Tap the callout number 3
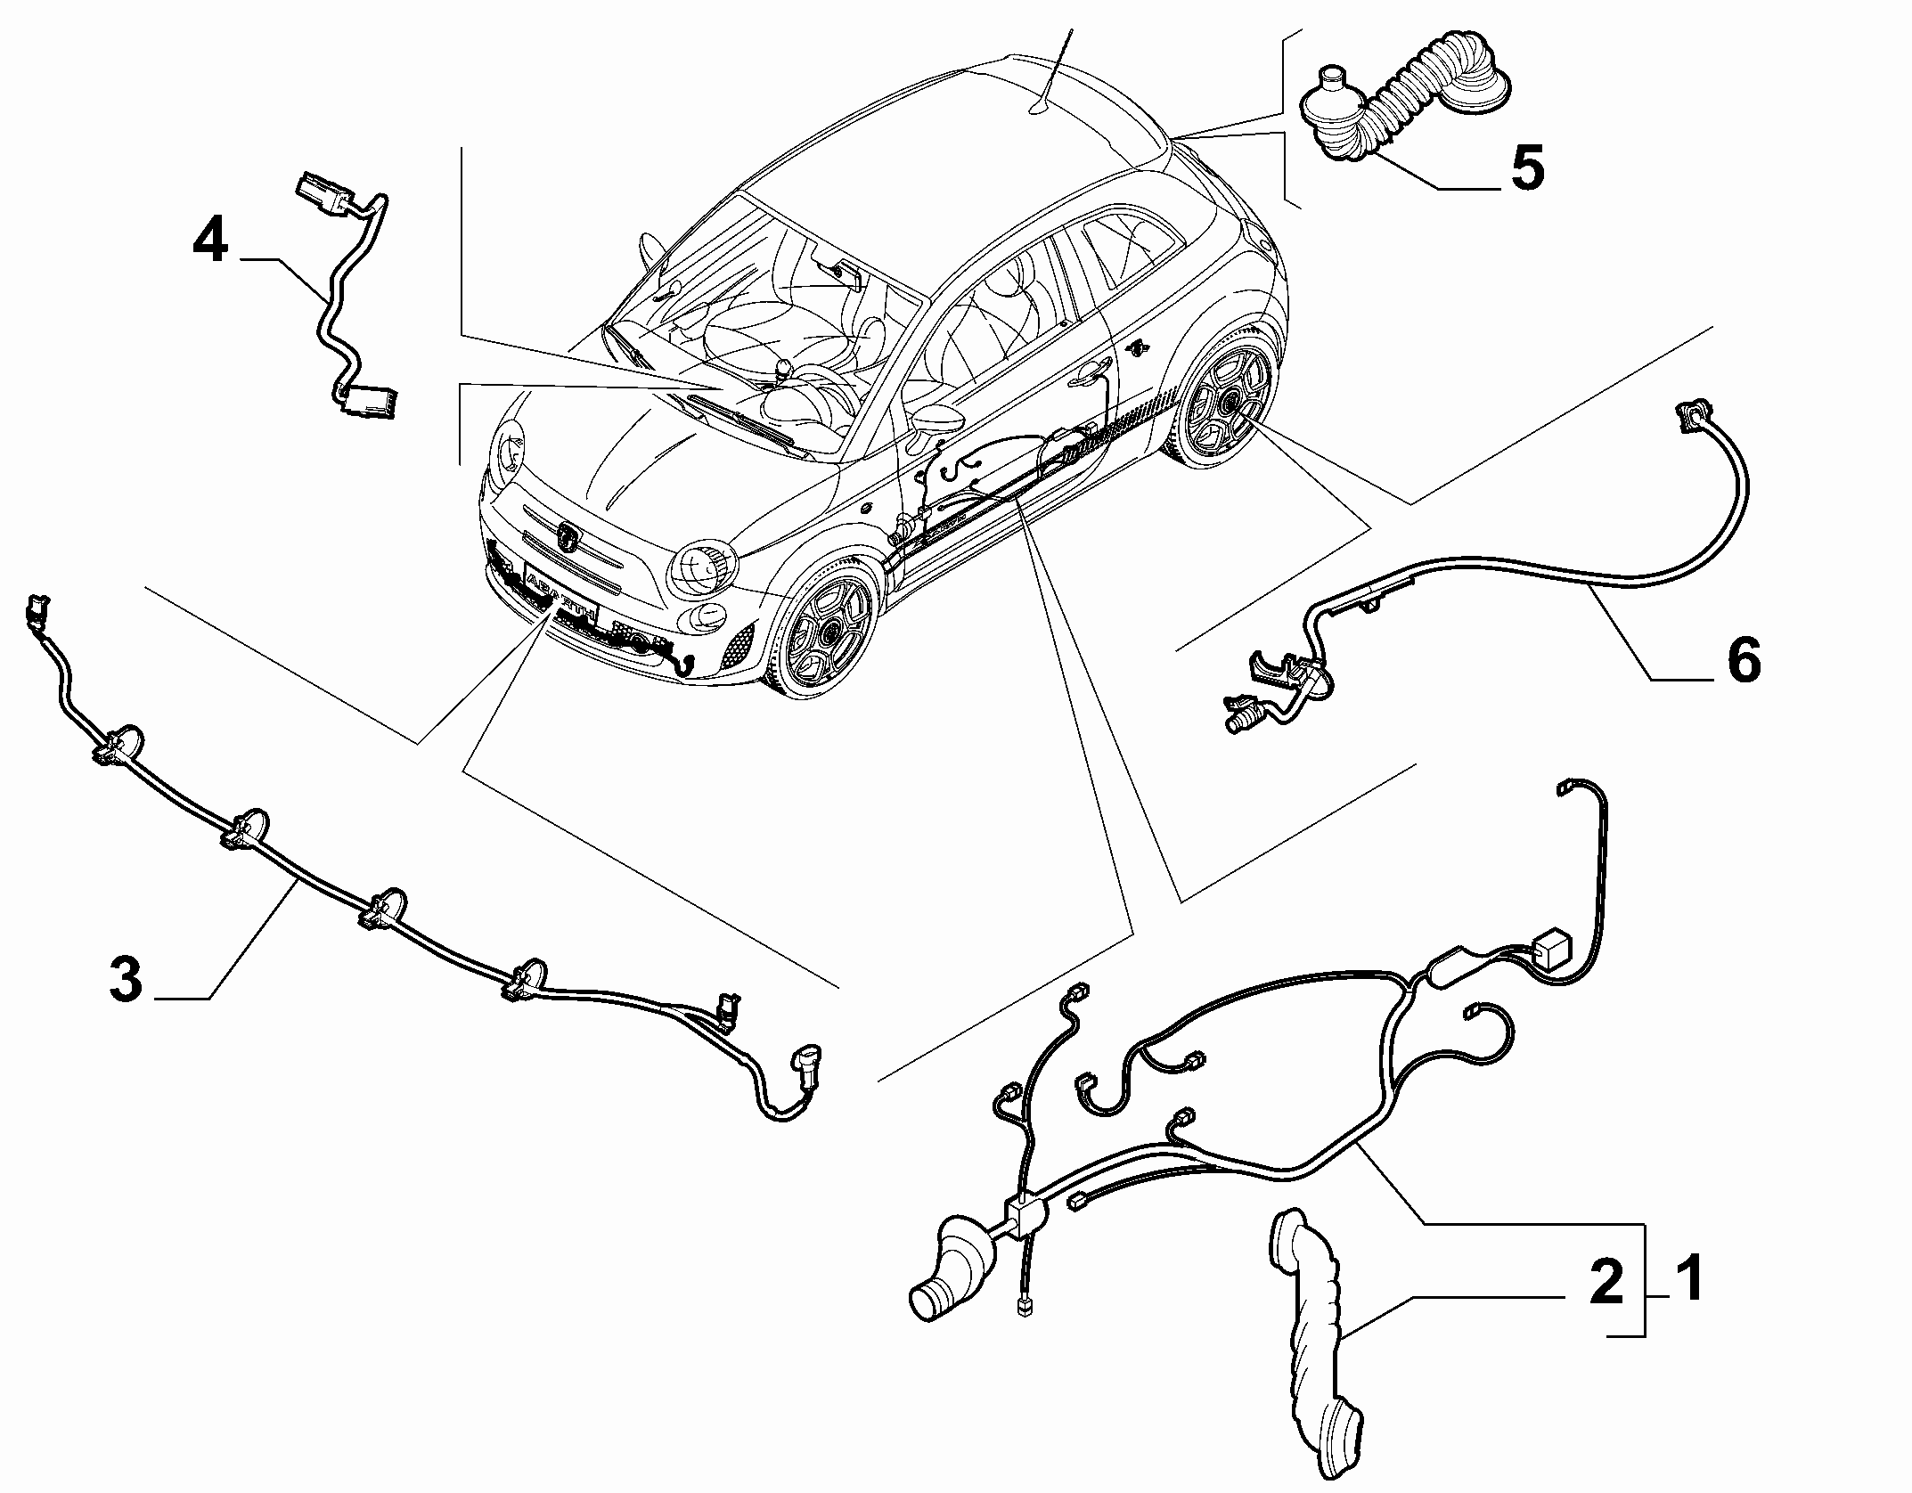click(x=126, y=979)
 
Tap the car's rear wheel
click(x=1224, y=406)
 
